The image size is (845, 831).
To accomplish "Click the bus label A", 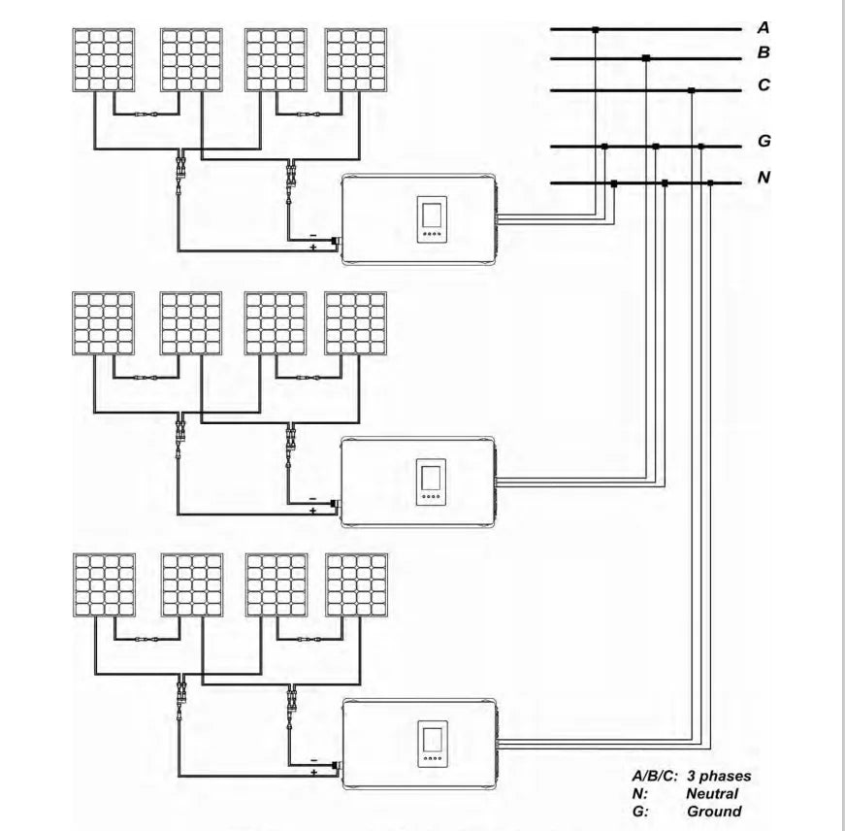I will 764,29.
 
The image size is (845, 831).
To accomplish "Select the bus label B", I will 764,53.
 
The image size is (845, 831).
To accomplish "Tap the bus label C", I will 764,85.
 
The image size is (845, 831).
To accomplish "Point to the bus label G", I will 764,142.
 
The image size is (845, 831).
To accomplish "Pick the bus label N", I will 764,178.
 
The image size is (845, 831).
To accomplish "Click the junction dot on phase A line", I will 595,30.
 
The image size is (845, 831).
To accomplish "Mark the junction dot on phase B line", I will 646,59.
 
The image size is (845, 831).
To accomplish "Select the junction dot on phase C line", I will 691,91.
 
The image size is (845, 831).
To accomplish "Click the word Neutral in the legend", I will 712,793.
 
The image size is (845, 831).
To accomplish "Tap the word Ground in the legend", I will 714,811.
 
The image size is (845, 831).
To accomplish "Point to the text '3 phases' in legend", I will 719,776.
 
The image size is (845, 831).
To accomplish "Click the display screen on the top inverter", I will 430,214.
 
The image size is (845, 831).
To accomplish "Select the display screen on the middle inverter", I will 430,477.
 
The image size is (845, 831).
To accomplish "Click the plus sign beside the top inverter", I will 313,249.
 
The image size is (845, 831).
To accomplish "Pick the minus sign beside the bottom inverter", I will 313,760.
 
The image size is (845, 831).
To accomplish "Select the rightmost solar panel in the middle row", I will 356,322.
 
